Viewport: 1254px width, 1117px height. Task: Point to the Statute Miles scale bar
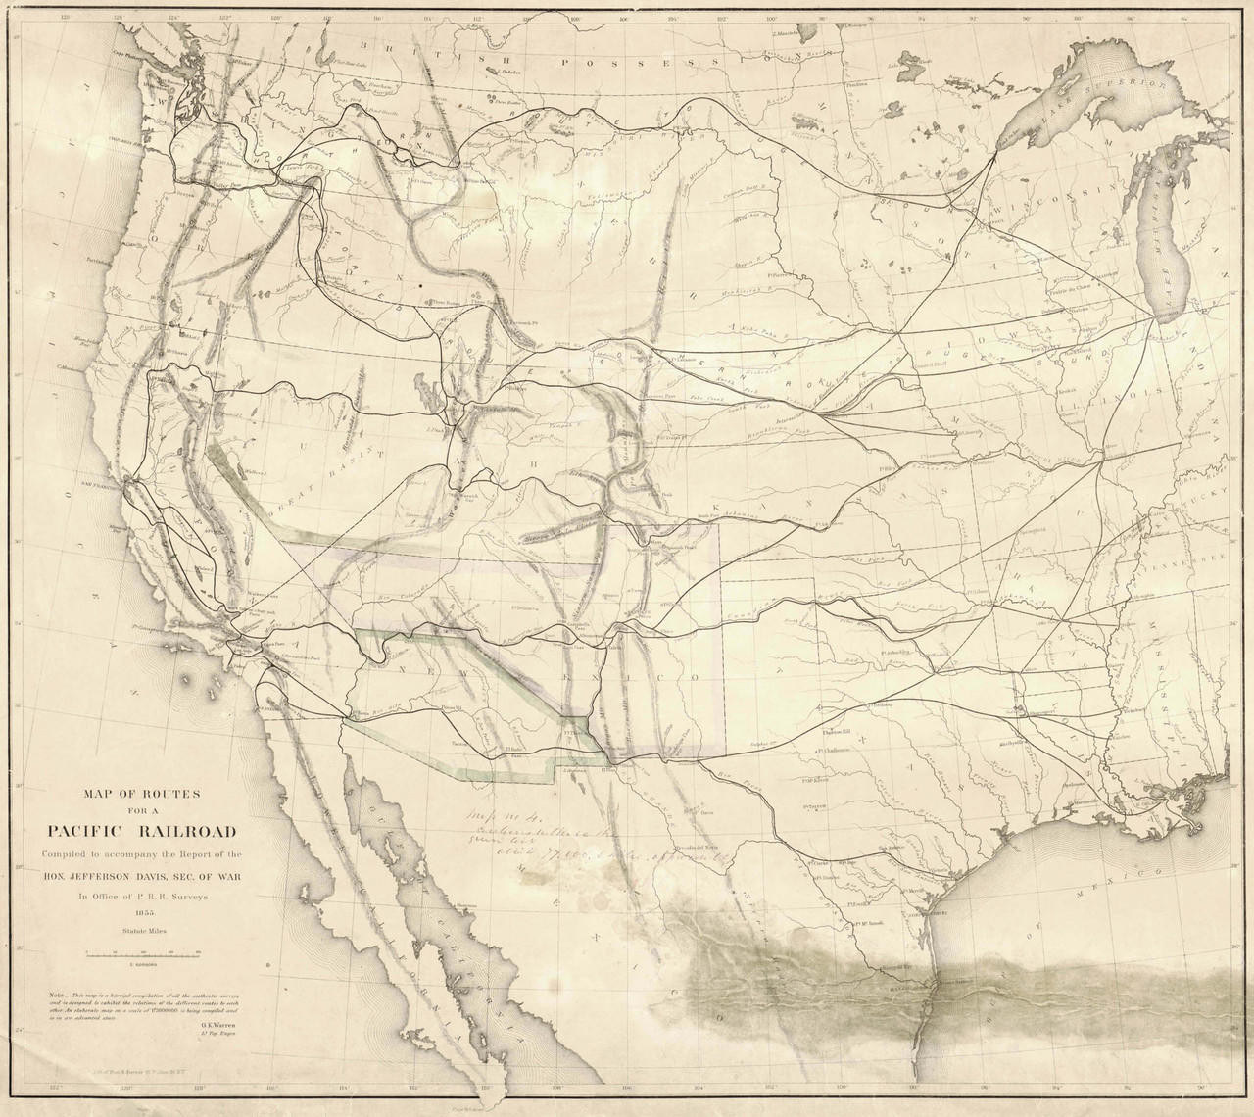[143, 951]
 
